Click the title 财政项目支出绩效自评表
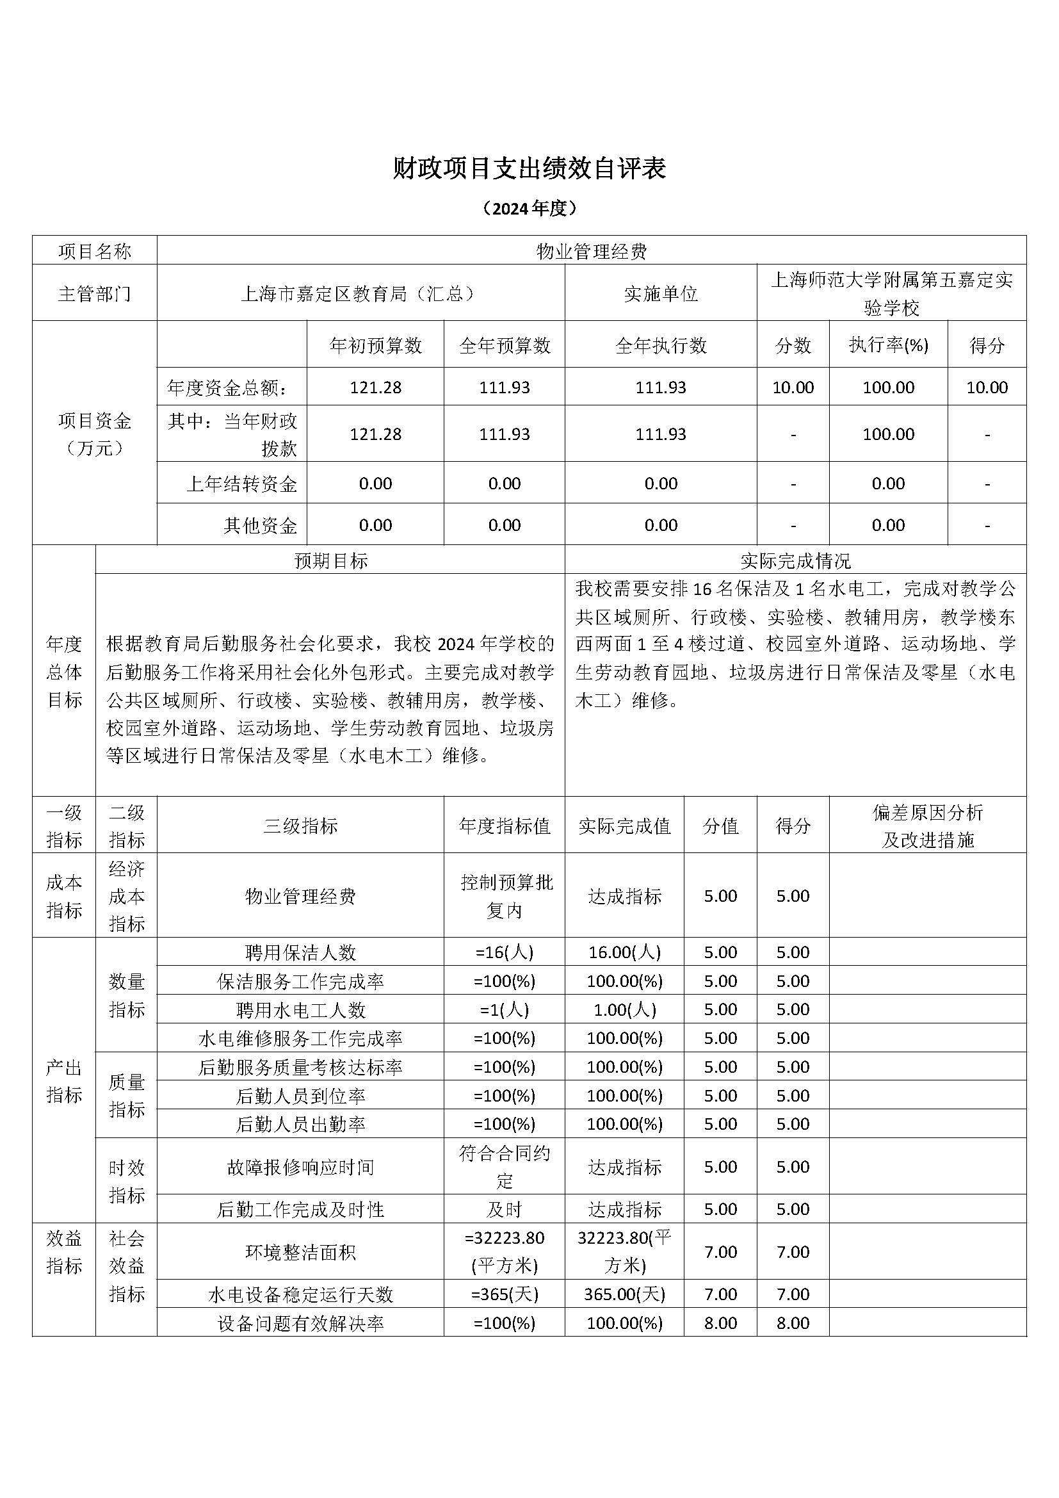(529, 169)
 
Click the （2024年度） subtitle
(529, 208)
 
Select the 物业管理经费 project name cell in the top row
(591, 251)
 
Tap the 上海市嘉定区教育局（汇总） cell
(360, 293)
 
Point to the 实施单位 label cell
(660, 293)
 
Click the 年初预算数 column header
(376, 345)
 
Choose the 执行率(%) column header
(887, 345)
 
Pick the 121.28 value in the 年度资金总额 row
(376, 387)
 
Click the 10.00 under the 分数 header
(792, 387)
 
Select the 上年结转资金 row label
(241, 484)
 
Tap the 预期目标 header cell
(330, 560)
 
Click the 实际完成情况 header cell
(795, 560)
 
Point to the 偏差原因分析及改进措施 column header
(926, 826)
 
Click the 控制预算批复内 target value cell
(504, 896)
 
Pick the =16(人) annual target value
(504, 952)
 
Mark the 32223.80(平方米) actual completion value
(624, 1252)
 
